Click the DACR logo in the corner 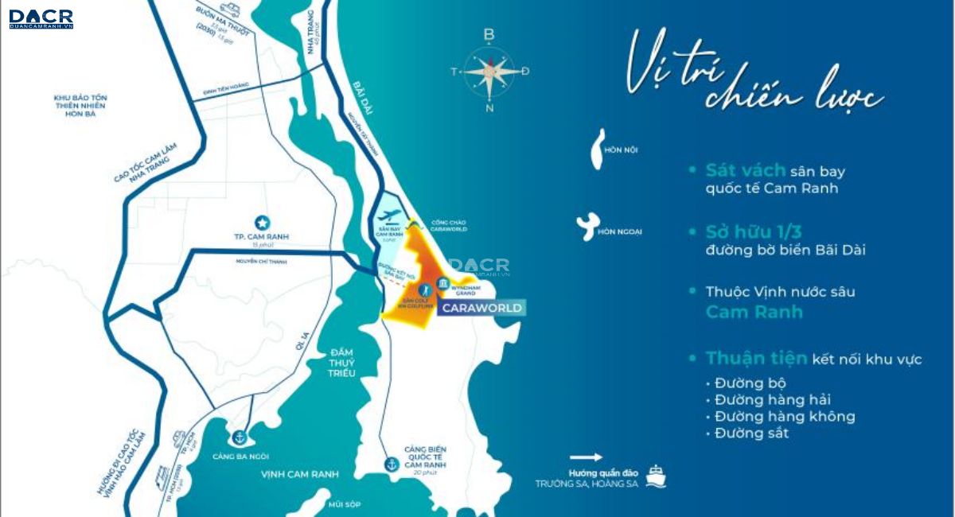tap(41, 19)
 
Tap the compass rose tap(489, 72)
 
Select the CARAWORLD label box tap(481, 308)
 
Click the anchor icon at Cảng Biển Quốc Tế tap(391, 463)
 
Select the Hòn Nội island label tap(621, 150)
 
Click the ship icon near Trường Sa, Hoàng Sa tap(656, 476)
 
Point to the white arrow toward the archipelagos tap(586, 457)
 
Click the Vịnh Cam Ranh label tap(299, 474)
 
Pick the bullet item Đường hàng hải tap(772, 400)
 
